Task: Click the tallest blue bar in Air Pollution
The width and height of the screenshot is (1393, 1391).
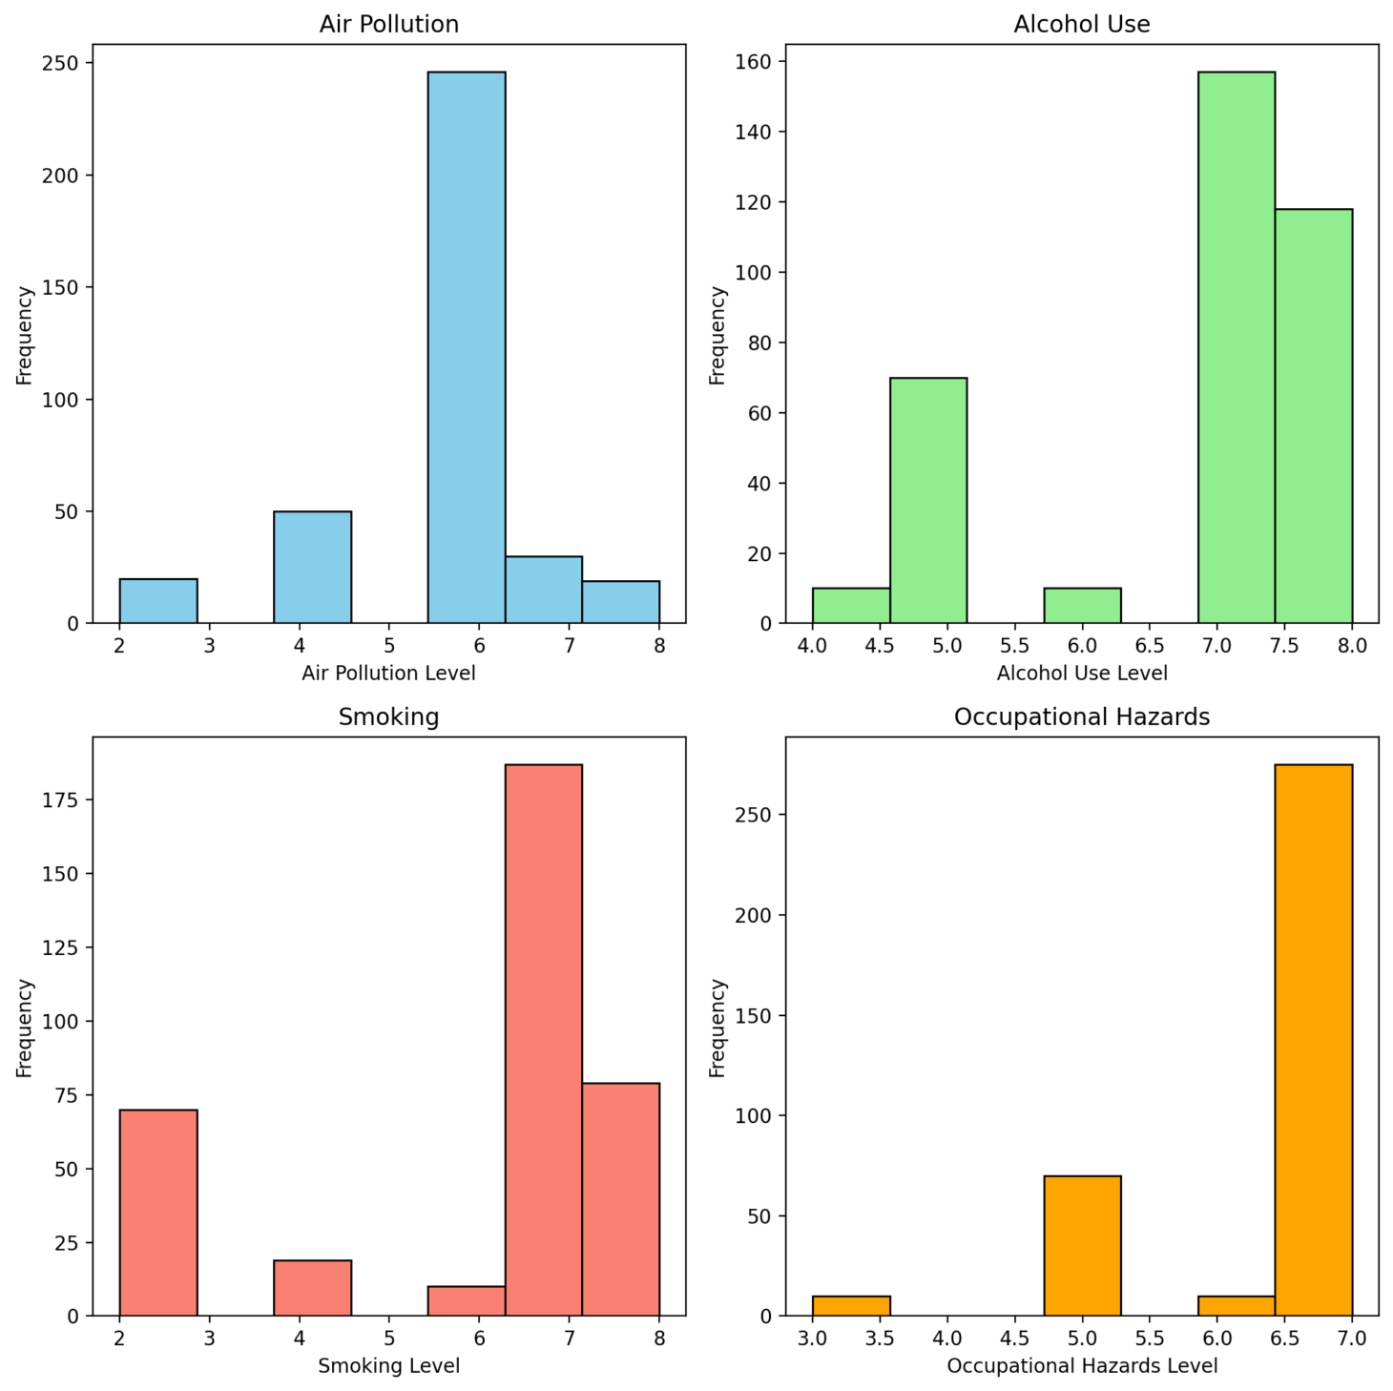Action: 466,348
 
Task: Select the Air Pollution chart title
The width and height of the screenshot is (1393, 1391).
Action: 388,24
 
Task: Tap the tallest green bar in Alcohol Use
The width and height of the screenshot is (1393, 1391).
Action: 1236,348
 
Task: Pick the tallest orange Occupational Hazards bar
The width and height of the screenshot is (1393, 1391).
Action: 1313,1040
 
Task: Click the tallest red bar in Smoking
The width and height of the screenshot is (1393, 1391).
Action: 543,1040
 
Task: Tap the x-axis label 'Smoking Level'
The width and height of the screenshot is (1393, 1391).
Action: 388,1366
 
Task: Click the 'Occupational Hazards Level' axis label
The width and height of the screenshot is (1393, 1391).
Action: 1082,1366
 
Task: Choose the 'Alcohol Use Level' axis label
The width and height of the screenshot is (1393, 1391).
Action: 1082,674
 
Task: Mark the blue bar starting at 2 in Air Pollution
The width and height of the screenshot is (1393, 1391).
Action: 158,601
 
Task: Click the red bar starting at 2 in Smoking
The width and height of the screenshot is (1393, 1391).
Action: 158,1213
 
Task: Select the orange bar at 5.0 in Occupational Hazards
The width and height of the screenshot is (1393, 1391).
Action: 1082,1246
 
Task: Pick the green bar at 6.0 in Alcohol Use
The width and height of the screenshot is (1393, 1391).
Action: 1082,606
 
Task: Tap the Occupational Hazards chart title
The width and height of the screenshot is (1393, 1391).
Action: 1082,716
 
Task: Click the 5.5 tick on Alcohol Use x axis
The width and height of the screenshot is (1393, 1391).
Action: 1014,646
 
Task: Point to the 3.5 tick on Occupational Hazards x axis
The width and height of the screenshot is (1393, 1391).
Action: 879,1339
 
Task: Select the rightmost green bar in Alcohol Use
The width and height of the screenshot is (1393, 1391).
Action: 1313,416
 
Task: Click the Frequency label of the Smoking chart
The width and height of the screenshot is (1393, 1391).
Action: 25,1028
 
